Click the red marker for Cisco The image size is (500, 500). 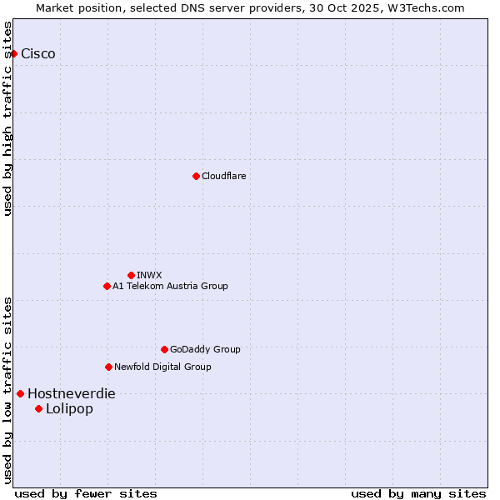point(13,53)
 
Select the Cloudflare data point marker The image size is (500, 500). point(196,176)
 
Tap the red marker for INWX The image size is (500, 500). point(131,275)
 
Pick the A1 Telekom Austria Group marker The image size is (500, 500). point(107,286)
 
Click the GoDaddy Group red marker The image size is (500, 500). point(164,349)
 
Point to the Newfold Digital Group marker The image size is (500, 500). point(108,367)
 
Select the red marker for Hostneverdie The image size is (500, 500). point(20,393)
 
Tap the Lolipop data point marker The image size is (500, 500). point(38,408)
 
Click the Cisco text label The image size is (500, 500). point(38,53)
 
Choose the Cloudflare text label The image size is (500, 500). point(223,176)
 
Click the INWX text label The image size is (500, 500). point(149,275)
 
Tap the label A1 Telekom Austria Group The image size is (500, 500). point(170,286)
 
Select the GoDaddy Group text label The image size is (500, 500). point(205,349)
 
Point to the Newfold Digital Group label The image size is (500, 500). point(162,367)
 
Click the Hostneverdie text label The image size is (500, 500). point(72,393)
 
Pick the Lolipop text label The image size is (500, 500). point(69,408)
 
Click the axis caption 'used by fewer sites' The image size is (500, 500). point(86,493)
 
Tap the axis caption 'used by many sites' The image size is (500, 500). point(418,493)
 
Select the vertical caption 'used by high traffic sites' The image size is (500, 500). point(8,118)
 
